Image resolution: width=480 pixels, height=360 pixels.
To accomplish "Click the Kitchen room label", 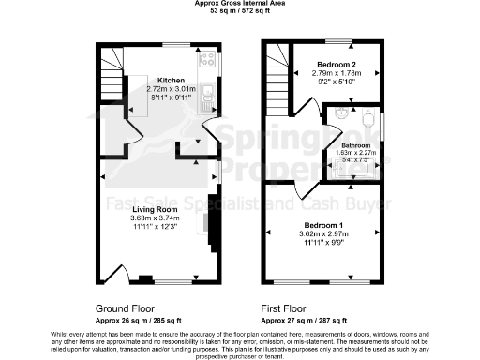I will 171,81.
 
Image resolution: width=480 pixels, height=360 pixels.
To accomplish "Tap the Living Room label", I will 155,209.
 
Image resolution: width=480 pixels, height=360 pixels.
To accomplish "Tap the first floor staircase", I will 277,71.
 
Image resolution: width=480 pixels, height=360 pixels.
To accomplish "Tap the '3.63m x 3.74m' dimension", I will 155,218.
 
